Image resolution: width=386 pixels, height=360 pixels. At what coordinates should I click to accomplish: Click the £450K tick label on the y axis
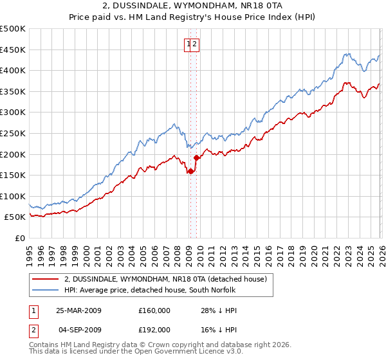(x=13, y=50)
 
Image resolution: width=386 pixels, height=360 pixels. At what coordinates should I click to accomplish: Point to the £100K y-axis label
(x=13, y=196)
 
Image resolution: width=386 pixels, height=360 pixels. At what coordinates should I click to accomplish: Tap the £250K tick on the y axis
(x=13, y=133)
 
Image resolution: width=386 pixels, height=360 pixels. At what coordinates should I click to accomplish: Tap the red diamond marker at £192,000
(x=196, y=157)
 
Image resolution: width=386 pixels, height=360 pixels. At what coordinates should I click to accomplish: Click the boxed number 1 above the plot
(x=189, y=44)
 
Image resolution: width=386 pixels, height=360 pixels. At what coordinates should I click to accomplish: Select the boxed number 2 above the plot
(x=195, y=44)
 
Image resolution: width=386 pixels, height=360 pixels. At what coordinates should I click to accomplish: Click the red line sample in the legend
(x=45, y=278)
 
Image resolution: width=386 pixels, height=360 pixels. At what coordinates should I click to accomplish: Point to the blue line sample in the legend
(x=45, y=290)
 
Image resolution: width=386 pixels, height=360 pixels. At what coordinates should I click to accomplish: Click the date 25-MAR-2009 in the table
(x=78, y=310)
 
